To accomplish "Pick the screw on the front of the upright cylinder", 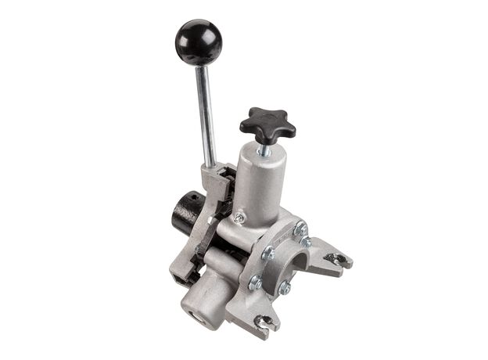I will click(239, 217).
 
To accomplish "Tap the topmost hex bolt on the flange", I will click(300, 228).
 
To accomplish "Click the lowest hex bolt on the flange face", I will click(285, 288).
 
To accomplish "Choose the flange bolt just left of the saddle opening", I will click(268, 253).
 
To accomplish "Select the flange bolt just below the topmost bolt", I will click(306, 243).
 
